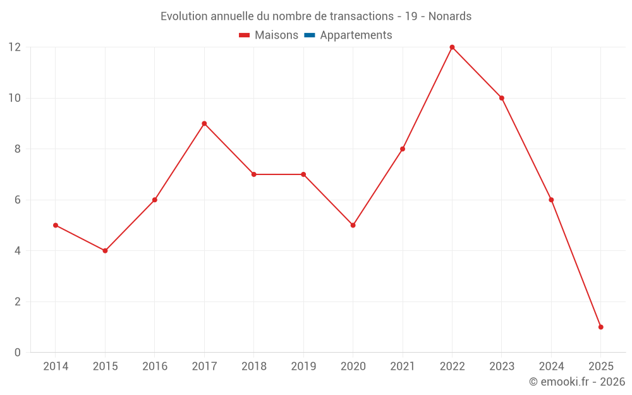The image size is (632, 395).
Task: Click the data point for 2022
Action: pyautogui.click(x=452, y=47)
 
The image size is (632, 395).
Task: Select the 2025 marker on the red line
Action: pyautogui.click(x=600, y=327)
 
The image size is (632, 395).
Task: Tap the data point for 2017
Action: pyautogui.click(x=204, y=123)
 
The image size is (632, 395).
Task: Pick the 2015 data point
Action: pyautogui.click(x=105, y=251)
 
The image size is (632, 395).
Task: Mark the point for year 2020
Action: pyautogui.click(x=353, y=225)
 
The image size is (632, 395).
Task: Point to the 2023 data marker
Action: pyautogui.click(x=501, y=98)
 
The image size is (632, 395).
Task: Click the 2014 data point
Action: pyautogui.click(x=56, y=225)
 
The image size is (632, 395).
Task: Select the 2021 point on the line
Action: pyautogui.click(x=403, y=149)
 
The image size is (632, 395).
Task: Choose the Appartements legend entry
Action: pyautogui.click(x=356, y=35)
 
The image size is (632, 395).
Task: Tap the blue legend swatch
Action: pyautogui.click(x=309, y=35)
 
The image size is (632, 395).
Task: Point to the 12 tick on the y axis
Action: pyautogui.click(x=15, y=47)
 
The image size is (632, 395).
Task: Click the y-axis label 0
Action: pyautogui.click(x=18, y=352)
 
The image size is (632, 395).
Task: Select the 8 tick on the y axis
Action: pyautogui.click(x=18, y=149)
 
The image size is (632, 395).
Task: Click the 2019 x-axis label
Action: pyautogui.click(x=303, y=367)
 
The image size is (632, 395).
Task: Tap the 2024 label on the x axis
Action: pyautogui.click(x=551, y=367)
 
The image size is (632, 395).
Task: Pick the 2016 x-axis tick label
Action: pyautogui.click(x=155, y=367)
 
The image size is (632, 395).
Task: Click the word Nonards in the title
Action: pyautogui.click(x=450, y=16)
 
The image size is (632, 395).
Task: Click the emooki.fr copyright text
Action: pyautogui.click(x=577, y=382)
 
